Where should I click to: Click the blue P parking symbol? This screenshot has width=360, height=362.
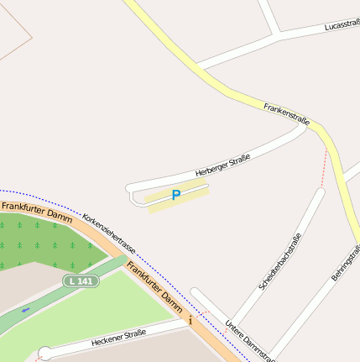tap(176, 195)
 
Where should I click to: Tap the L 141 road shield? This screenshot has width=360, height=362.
tap(81, 280)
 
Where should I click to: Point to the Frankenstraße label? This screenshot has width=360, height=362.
tap(287, 114)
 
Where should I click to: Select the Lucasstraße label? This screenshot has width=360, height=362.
tap(341, 26)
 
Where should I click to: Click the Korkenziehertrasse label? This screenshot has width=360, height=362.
tap(109, 234)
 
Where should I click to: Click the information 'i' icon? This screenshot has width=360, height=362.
tap(190, 320)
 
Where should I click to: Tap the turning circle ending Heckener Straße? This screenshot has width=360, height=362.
tap(44, 354)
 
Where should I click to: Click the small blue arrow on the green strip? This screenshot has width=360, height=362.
tap(25, 310)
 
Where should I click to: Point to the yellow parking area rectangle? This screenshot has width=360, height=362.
tap(179, 198)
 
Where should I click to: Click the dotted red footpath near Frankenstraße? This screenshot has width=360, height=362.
tap(324, 168)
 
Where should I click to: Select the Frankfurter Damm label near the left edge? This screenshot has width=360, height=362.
tap(37, 210)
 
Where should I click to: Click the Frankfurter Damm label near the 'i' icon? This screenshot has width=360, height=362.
tap(154, 286)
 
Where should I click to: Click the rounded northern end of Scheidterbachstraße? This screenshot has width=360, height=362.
tap(319, 192)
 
